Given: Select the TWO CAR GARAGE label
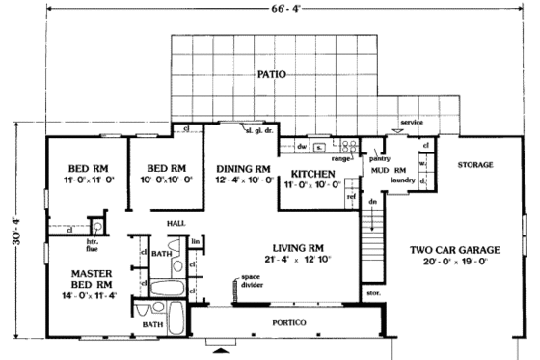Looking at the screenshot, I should [449, 251].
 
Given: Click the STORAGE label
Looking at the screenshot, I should [476, 165].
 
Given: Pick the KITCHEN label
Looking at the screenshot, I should [312, 175].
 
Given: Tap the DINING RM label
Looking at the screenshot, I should [241, 166].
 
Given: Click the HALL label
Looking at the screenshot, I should [175, 223].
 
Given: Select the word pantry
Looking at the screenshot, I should [379, 157].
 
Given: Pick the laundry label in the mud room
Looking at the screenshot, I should [402, 180].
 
